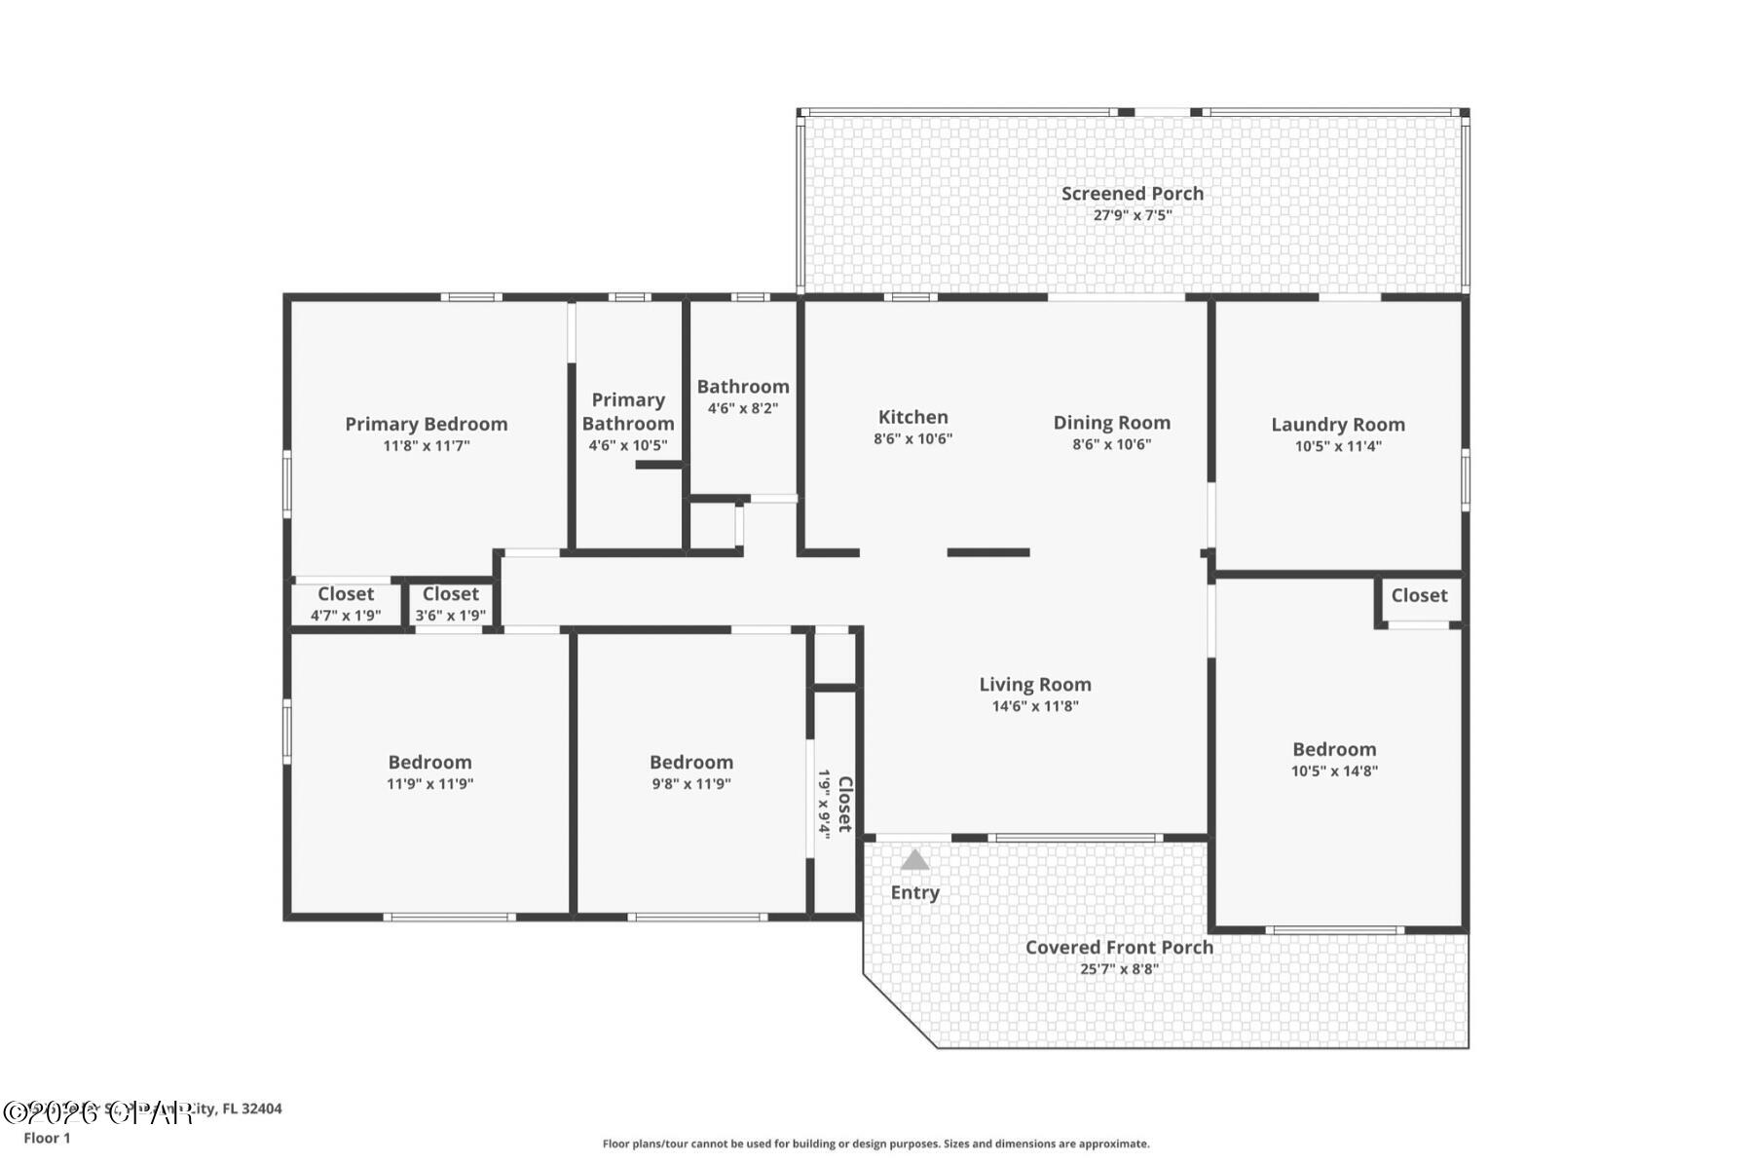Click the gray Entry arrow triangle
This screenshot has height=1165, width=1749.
pos(913,860)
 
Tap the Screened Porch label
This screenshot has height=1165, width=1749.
pos(1132,194)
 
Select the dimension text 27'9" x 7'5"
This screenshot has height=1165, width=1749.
pos(1132,215)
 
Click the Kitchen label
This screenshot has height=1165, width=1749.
pos(912,417)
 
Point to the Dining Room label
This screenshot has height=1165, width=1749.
pos(1111,423)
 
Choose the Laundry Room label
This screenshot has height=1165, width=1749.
pos(1337,425)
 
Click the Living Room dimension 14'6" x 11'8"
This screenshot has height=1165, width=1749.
pos(1034,706)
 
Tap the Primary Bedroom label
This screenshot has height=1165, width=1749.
pos(426,424)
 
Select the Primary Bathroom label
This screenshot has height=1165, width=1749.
pos(628,411)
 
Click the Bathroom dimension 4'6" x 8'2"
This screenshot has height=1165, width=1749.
pos(742,408)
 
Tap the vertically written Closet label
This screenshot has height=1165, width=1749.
pos(844,804)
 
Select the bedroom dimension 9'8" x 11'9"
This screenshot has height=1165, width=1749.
pos(690,784)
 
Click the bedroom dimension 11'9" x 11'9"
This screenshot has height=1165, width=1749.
pos(429,784)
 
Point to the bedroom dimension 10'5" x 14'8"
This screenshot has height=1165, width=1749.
pos(1333,771)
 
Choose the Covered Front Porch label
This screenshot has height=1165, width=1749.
pos(1119,947)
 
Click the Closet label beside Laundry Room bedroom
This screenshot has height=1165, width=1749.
pos(1418,595)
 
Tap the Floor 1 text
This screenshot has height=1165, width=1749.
pos(47,1138)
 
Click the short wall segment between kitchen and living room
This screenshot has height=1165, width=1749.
pos(987,552)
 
